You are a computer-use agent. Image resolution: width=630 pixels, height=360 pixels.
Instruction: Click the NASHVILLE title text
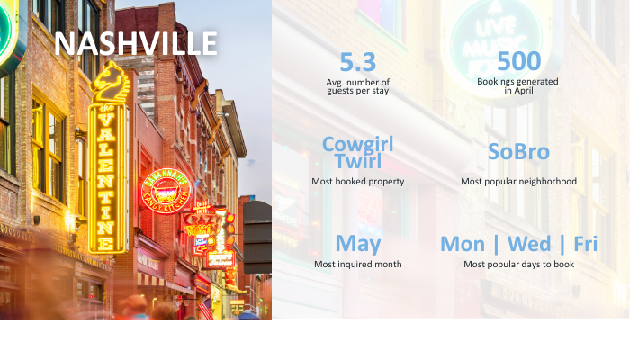[x=136, y=43]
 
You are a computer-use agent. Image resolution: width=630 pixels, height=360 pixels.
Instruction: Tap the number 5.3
[x=357, y=62]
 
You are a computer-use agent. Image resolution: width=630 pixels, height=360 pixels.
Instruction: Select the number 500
[x=518, y=61]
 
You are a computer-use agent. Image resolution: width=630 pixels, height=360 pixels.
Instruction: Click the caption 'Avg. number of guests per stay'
[x=357, y=86]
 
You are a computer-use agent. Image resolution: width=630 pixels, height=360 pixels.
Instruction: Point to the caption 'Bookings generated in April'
[x=517, y=86]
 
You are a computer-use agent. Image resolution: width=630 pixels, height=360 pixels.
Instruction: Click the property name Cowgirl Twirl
[x=358, y=153]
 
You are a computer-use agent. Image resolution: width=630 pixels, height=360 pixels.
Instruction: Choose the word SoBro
[x=518, y=152]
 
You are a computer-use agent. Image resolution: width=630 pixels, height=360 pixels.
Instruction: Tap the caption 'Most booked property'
[x=358, y=182]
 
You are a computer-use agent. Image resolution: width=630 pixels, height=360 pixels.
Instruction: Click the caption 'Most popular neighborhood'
[x=518, y=182]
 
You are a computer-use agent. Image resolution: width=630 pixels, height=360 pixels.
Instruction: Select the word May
[x=358, y=244]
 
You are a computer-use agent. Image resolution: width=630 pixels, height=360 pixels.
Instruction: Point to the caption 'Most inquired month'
[x=358, y=265]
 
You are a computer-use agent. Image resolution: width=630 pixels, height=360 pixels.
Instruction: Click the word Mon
[x=463, y=244]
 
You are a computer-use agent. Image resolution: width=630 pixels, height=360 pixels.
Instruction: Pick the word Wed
[x=529, y=244]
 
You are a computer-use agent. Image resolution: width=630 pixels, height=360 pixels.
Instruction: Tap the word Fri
[x=585, y=244]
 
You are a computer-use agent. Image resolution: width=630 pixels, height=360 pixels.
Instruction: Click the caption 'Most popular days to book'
[x=518, y=265]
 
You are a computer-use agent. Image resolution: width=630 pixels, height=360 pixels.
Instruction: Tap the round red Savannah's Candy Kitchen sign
[x=166, y=191]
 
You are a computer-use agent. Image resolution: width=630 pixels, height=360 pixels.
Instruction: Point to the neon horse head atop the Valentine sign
[x=109, y=82]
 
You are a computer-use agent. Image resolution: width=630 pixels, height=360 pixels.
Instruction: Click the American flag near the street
[x=206, y=309]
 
